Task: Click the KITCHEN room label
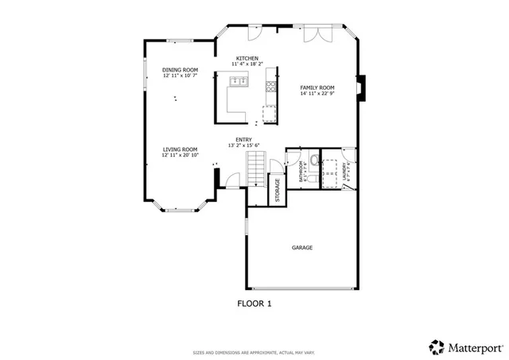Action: (247, 58)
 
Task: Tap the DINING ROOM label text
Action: (180, 70)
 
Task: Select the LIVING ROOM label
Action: (180, 149)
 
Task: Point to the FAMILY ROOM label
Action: (317, 87)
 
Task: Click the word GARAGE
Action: (301, 247)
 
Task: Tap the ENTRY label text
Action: (243, 140)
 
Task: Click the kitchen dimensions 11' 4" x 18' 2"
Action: (247, 64)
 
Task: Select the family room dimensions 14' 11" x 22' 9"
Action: (317, 93)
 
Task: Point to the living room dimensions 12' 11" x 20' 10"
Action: (180, 155)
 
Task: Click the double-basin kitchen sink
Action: (239, 80)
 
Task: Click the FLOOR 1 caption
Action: (254, 303)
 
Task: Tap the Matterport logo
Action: (465, 346)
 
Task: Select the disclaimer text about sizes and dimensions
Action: (254, 352)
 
